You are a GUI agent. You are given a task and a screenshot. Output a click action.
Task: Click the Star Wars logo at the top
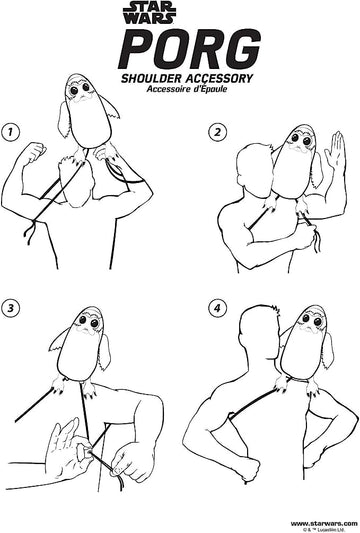150,13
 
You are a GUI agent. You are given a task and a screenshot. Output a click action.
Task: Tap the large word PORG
189,49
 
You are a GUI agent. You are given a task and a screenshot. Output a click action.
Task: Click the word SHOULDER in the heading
152,79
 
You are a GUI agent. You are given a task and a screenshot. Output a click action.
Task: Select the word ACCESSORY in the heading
219,79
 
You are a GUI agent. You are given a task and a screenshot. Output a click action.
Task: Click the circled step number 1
10,132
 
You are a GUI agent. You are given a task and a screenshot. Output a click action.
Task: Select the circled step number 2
217,132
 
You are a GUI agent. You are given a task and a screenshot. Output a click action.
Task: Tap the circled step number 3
10,308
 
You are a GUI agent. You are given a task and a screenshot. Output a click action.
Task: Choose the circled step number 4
217,308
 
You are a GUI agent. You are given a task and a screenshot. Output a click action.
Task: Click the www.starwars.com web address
324,523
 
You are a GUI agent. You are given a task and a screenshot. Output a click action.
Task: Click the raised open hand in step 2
335,151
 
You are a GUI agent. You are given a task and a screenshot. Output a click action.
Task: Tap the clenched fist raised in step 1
35,152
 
